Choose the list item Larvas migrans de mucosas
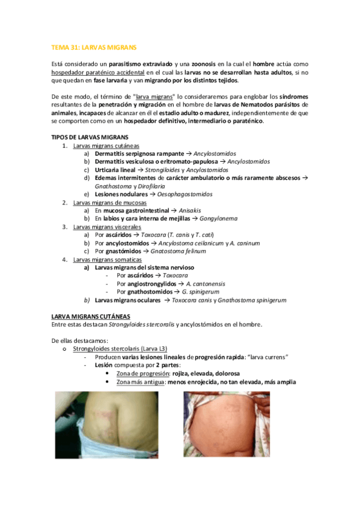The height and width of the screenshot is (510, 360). click(x=109, y=203)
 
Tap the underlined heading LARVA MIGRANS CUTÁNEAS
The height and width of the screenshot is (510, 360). click(x=91, y=316)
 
